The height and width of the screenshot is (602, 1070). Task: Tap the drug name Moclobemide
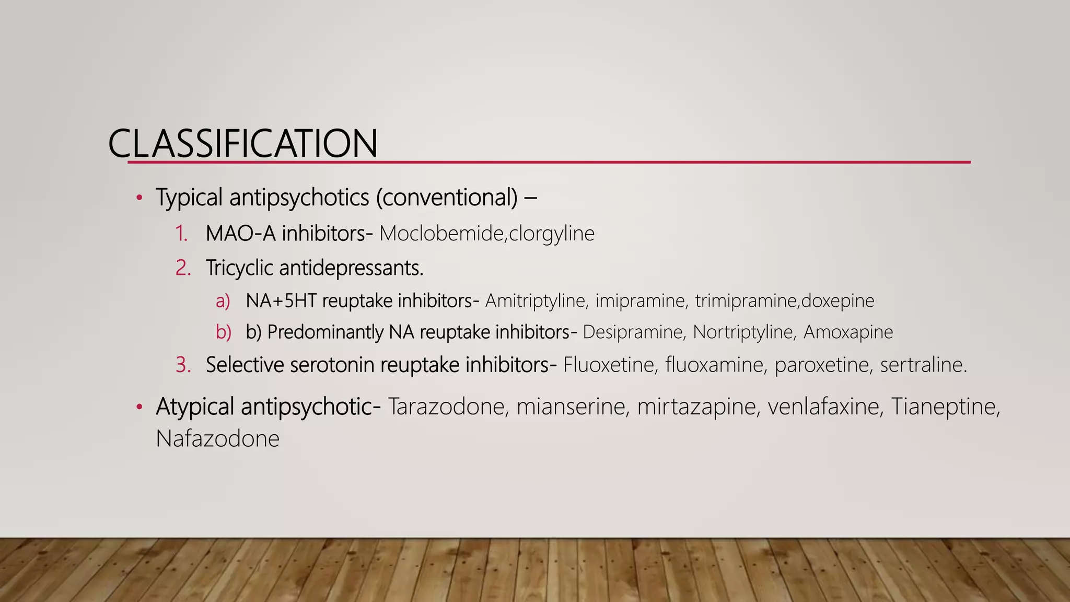(x=441, y=234)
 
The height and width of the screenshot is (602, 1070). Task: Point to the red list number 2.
(x=183, y=268)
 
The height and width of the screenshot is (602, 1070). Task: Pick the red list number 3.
(x=183, y=365)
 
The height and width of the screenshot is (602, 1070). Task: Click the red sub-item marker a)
(x=223, y=301)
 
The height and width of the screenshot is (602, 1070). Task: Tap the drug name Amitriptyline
(x=535, y=301)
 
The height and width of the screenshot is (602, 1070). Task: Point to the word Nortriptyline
(x=743, y=332)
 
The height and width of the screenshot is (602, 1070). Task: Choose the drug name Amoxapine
(x=848, y=332)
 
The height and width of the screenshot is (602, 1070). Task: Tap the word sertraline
(x=923, y=365)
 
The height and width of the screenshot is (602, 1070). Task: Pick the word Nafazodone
(x=217, y=439)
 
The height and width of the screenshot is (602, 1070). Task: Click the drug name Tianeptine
(x=943, y=407)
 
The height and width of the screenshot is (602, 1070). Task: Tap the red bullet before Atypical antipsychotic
(x=139, y=407)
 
